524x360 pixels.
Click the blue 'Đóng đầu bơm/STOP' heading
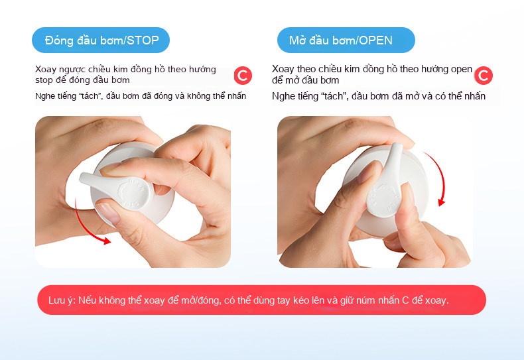[101, 40]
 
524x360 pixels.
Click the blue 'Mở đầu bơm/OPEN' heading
[346, 40]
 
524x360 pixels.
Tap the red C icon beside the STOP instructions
[243, 76]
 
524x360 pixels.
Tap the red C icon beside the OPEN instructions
[484, 76]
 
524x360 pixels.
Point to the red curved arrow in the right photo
[440, 177]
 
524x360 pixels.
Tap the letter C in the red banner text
[405, 300]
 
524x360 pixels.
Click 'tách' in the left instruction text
[90, 96]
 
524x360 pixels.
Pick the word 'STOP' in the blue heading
[143, 40]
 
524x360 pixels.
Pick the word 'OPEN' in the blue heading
[376, 40]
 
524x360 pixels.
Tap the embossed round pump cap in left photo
[133, 194]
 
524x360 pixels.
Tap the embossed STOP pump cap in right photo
[384, 199]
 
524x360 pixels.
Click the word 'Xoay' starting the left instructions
[46, 70]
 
